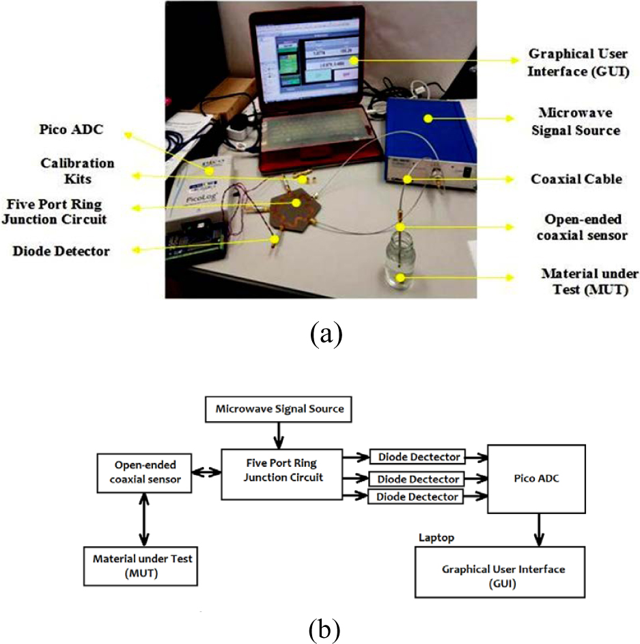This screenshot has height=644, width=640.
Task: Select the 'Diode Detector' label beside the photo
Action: point(61,251)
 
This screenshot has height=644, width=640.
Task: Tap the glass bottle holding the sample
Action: point(400,267)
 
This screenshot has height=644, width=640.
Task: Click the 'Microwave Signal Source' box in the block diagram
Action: point(280,410)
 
